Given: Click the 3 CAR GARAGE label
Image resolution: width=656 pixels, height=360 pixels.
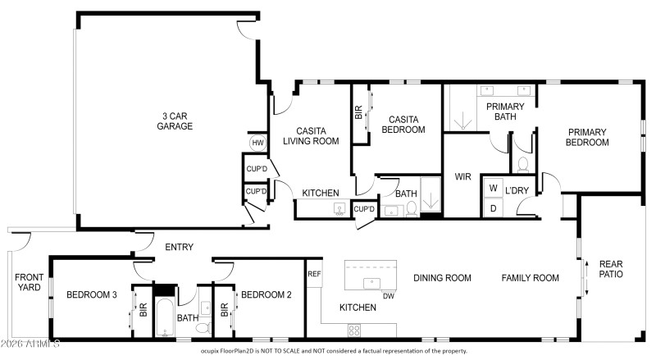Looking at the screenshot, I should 175,121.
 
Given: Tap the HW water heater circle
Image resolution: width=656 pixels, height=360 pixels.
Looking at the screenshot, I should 257,143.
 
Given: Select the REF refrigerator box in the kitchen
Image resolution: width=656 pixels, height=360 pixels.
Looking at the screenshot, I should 314,274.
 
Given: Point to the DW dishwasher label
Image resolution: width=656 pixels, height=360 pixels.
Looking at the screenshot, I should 389,296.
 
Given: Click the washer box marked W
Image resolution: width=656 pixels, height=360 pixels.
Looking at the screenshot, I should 493,188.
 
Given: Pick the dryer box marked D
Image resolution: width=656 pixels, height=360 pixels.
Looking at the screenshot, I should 493,208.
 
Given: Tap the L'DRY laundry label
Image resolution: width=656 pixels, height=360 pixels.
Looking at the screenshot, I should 517,190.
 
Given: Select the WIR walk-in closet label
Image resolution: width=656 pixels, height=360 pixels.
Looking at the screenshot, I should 462,177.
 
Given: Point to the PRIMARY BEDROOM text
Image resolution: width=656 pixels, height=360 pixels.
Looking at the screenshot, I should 587,137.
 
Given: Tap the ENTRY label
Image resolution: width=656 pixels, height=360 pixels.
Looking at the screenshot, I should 179,247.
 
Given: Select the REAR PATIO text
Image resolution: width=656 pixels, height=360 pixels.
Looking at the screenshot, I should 611,269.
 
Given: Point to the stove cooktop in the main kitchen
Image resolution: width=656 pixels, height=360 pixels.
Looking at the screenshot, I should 355,330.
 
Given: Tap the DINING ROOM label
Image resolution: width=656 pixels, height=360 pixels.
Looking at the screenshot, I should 442,278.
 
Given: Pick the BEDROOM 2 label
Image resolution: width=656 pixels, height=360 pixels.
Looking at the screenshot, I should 266,294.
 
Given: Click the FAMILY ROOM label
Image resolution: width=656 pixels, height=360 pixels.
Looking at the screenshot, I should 530,278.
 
